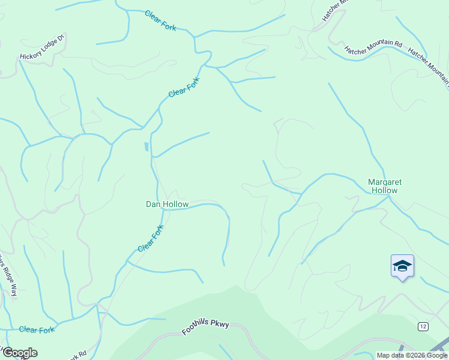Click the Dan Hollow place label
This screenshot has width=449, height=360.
(x=167, y=204)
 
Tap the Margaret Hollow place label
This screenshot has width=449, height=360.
(x=384, y=186)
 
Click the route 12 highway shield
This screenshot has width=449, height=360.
(x=423, y=325)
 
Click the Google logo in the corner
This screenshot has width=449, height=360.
(x=19, y=352)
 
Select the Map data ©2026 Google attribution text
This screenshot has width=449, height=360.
(x=412, y=355)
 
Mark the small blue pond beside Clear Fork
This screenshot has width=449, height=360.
(x=146, y=147)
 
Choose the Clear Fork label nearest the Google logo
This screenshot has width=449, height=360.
(x=37, y=330)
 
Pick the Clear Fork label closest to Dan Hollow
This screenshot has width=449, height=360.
(x=151, y=239)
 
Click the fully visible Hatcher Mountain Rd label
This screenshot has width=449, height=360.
(x=373, y=47)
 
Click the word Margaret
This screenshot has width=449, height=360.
(x=384, y=182)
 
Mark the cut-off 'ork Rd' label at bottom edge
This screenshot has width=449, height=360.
(x=77, y=355)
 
